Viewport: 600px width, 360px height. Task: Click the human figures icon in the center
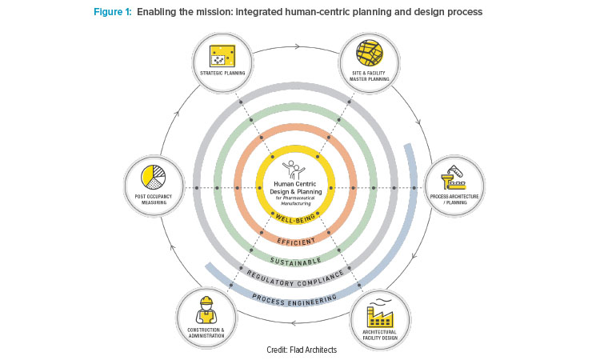296,169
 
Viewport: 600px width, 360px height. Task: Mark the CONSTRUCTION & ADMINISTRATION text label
206,333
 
